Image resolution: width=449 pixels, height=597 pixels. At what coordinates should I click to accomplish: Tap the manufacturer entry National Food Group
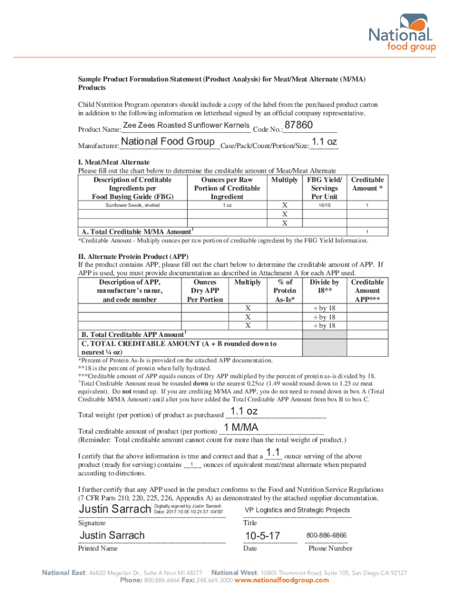(x=168, y=142)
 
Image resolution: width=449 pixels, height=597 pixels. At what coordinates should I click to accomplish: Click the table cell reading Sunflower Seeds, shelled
(x=132, y=206)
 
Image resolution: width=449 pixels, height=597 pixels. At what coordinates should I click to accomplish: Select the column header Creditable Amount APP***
(x=367, y=290)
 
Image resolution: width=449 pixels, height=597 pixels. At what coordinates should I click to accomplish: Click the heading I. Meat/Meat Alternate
(x=114, y=162)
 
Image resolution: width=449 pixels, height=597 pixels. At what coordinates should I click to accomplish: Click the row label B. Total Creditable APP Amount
(x=132, y=335)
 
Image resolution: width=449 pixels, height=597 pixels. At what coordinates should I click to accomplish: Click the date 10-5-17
(x=262, y=535)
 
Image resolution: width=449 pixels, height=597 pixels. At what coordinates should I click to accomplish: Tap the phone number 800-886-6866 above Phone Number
(x=326, y=535)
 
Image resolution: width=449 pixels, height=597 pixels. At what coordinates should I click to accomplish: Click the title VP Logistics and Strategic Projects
(x=297, y=510)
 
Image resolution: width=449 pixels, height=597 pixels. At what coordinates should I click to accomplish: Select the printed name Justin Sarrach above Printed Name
(x=112, y=535)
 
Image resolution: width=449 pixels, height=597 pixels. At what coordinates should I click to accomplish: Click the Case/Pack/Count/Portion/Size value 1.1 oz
(x=324, y=142)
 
